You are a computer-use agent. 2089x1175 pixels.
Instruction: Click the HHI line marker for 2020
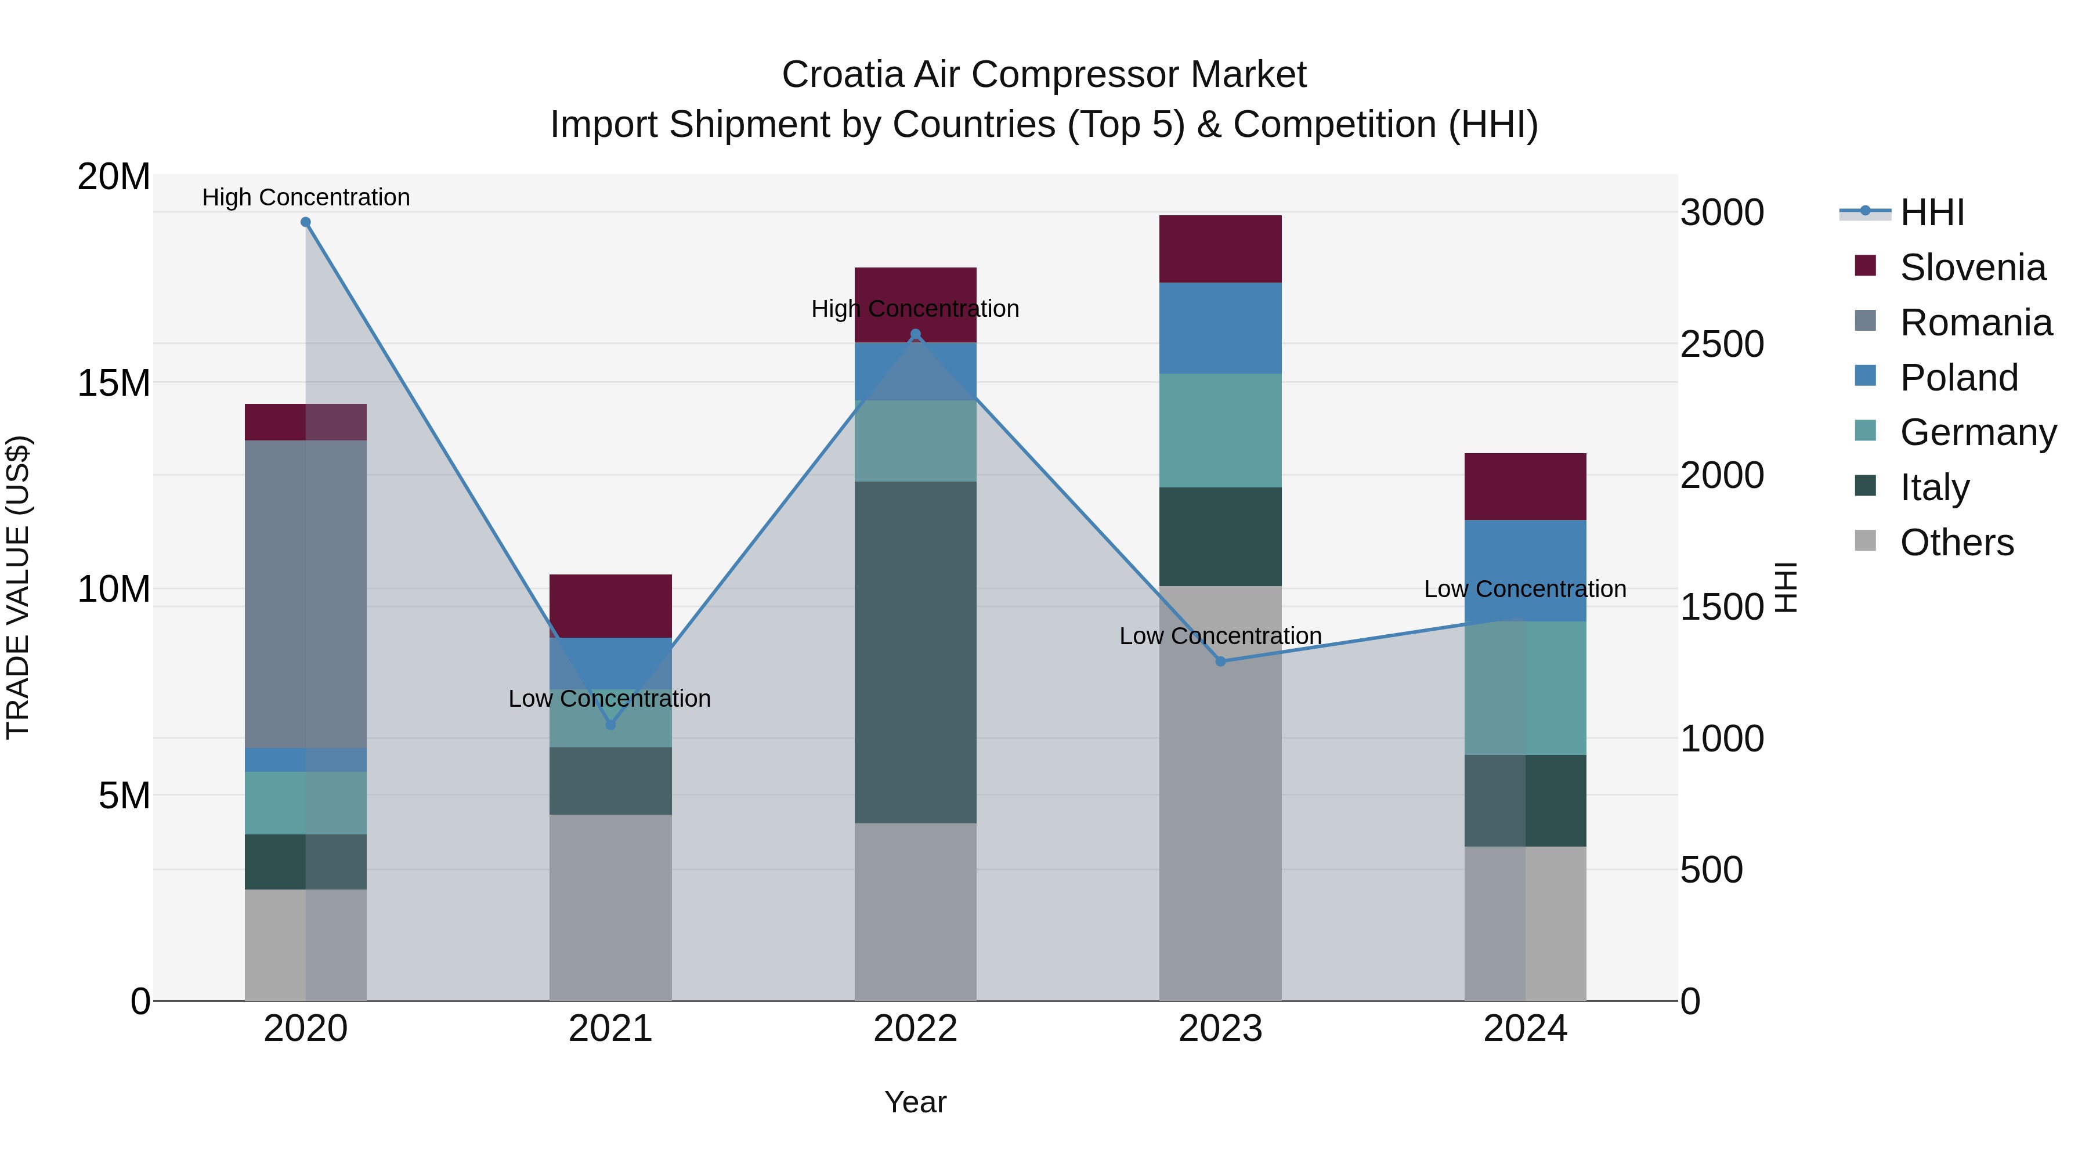pos(306,222)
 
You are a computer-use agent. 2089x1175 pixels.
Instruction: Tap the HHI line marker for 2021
pos(610,725)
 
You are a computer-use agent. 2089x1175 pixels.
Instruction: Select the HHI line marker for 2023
pos(1220,661)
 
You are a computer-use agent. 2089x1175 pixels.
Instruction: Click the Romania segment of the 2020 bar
pos(306,594)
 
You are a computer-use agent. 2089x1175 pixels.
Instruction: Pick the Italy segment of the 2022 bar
pos(916,653)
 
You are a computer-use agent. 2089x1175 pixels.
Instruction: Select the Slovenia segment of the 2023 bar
pos(1220,249)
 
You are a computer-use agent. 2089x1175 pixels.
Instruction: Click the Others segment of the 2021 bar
pos(610,908)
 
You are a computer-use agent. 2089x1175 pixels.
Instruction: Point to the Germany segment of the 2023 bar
pos(1220,430)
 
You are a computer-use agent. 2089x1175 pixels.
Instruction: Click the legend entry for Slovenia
pos(1972,267)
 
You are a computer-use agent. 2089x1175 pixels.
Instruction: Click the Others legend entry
pos(1956,543)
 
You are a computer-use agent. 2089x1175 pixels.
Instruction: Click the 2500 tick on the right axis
pos(1722,344)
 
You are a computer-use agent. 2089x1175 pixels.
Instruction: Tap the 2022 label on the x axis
pos(916,1029)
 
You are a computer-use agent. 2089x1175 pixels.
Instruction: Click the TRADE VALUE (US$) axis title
pos(19,587)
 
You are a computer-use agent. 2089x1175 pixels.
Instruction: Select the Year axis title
pos(916,1102)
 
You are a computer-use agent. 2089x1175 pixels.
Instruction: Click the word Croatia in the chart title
pos(843,75)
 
